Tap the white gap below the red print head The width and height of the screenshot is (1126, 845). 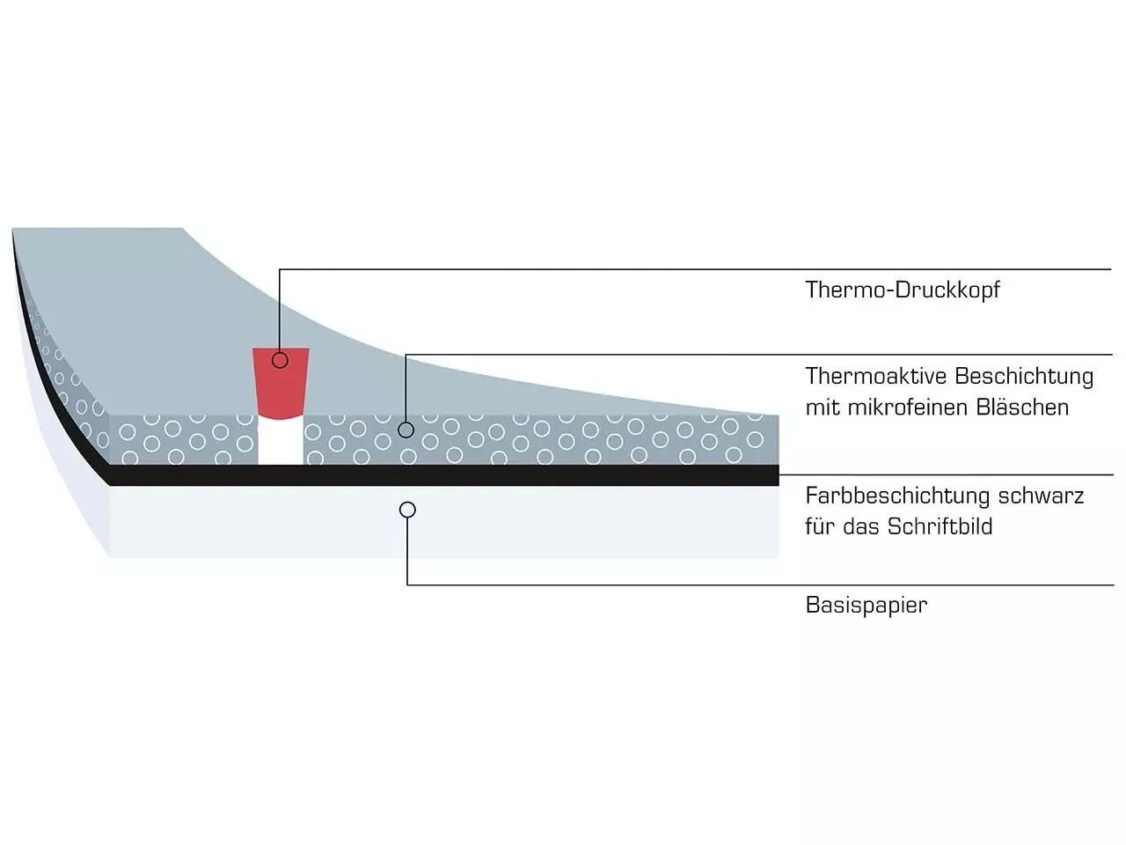pyautogui.click(x=281, y=440)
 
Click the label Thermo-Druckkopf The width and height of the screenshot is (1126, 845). pyautogui.click(x=903, y=290)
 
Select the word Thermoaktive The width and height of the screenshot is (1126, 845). pyautogui.click(x=875, y=377)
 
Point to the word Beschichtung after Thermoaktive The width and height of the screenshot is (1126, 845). pyautogui.click(x=1023, y=377)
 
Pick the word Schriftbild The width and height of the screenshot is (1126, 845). pyautogui.click(x=940, y=526)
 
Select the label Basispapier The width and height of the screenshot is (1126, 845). pyautogui.click(x=866, y=605)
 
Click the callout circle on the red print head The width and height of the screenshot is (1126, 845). pyautogui.click(x=281, y=360)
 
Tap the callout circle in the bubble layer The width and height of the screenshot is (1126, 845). pyautogui.click(x=406, y=430)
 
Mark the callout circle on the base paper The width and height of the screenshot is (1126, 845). pyautogui.click(x=407, y=510)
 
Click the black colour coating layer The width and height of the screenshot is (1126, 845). pyautogui.click(x=528, y=475)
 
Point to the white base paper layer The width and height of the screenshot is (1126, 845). pyautogui.click(x=572, y=524)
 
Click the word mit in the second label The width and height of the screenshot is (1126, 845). pyautogui.click(x=820, y=408)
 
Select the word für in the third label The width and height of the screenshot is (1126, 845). pyautogui.click(x=820, y=526)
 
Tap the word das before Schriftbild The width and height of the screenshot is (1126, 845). pyautogui.click(x=862, y=526)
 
